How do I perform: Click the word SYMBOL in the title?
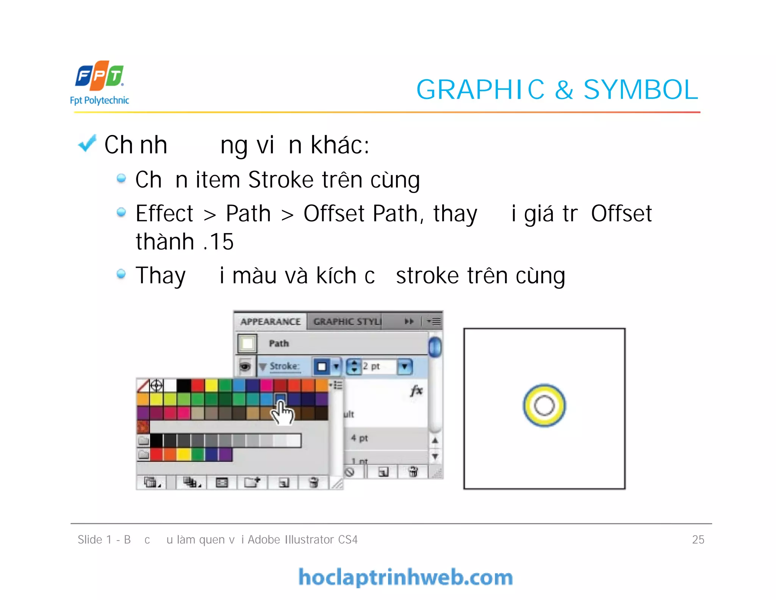coord(640,90)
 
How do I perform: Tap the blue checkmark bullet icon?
coord(87,144)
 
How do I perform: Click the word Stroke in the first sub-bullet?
coord(281,180)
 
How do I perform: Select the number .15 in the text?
coord(219,242)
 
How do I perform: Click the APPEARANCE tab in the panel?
coord(270,322)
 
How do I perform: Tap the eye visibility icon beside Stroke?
coord(245,367)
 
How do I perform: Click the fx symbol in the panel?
coord(416,390)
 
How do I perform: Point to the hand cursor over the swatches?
coord(282,413)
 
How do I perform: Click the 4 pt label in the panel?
coord(359,438)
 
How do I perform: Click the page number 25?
coord(698,539)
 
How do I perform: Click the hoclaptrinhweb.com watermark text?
coord(405,577)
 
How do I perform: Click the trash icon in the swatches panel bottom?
coord(314,483)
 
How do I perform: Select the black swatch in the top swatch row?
coord(184,385)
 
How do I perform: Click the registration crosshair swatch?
coord(156,385)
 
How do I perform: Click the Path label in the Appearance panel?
coord(279,343)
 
